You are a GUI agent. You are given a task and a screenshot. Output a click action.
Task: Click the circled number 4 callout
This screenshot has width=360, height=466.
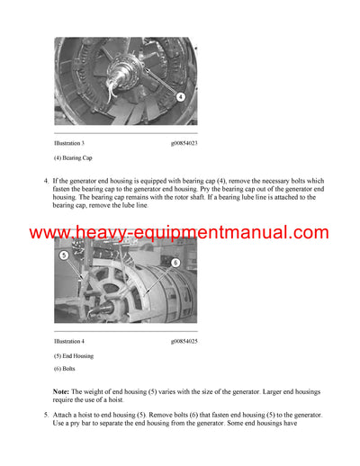tap(180, 96)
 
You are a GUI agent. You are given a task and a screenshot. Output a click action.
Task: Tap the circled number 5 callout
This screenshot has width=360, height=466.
tap(66, 255)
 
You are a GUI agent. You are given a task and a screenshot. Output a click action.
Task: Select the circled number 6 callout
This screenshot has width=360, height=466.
tap(175, 262)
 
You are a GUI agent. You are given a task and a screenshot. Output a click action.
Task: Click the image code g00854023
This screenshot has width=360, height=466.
tap(184, 142)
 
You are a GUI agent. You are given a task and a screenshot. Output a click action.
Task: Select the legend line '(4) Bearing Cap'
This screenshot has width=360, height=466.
tap(73, 157)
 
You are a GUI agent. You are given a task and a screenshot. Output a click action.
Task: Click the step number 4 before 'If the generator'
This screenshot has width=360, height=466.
tap(46, 181)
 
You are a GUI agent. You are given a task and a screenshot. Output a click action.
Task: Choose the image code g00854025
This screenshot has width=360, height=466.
tap(184, 341)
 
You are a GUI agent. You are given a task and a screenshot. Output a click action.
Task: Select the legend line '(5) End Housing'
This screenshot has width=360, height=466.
tap(74, 356)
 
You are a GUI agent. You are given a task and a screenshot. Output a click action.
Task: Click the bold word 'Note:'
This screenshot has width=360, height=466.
tap(63, 392)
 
